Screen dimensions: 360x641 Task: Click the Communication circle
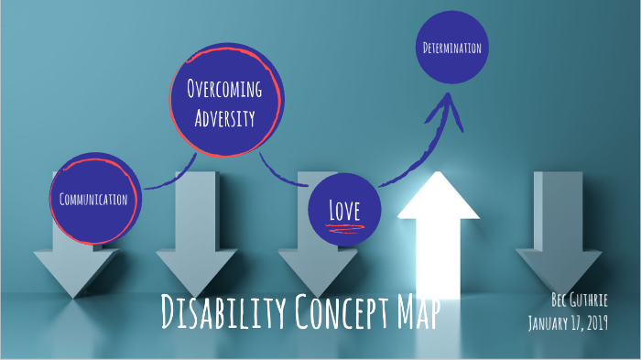click(x=94, y=198)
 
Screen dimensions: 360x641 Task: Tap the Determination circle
click(x=452, y=48)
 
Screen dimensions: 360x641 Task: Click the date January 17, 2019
click(x=569, y=322)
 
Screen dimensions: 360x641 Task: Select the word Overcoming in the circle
click(x=224, y=90)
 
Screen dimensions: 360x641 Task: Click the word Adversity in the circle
click(x=224, y=117)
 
